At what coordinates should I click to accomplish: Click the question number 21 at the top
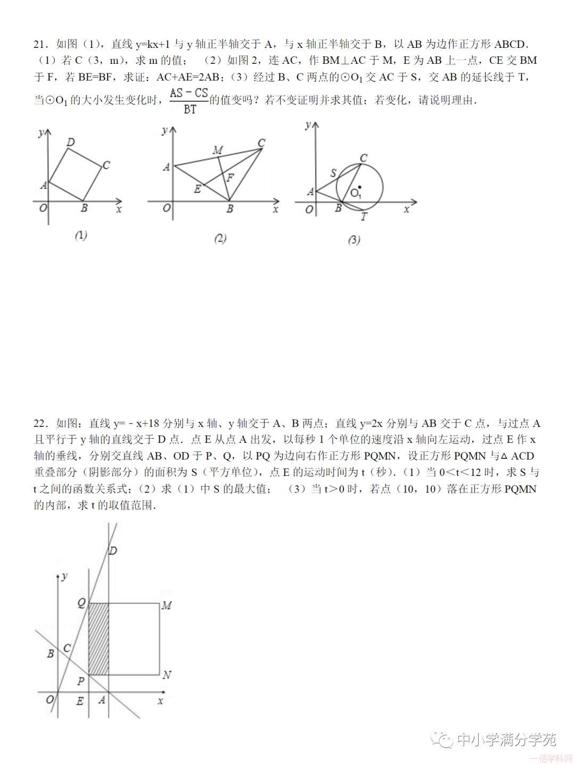point(40,44)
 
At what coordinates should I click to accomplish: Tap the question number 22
point(40,424)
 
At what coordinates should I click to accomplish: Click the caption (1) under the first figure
point(81,235)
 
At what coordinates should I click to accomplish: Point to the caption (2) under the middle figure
point(220,238)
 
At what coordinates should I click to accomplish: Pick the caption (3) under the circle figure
point(354,240)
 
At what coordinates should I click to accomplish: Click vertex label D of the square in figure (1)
point(71,142)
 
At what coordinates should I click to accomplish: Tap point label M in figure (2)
point(217,151)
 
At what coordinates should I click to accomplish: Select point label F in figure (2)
point(230,178)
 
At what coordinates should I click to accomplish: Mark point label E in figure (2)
point(197,189)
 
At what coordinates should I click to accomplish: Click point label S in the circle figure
point(333,173)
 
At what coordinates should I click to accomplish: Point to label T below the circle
point(364,217)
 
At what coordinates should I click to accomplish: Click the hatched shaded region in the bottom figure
point(98,639)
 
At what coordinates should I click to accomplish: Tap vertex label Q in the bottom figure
point(81,603)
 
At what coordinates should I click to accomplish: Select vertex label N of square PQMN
point(167,675)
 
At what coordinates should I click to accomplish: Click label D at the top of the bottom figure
point(112,551)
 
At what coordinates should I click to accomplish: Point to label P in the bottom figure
point(80,681)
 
